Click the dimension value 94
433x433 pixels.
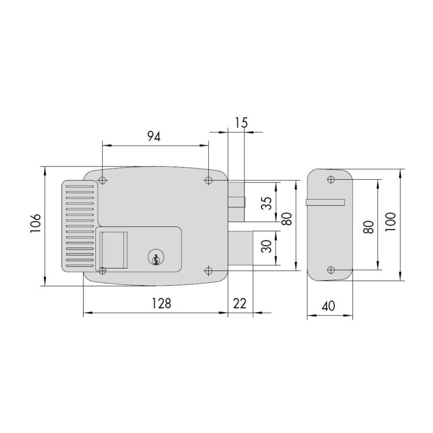pyautogui.click(x=154, y=137)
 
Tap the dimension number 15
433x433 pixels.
pyautogui.click(x=241, y=123)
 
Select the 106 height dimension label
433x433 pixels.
pyautogui.click(x=36, y=223)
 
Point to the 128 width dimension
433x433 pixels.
pyautogui.click(x=161, y=303)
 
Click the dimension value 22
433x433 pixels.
pyautogui.click(x=239, y=304)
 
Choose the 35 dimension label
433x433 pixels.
pyautogui.click(x=266, y=203)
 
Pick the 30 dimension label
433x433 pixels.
pyautogui.click(x=266, y=247)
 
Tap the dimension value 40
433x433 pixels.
pyautogui.click(x=329, y=306)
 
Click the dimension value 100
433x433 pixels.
pyautogui.click(x=390, y=222)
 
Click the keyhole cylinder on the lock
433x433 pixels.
pyautogui.click(x=155, y=258)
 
